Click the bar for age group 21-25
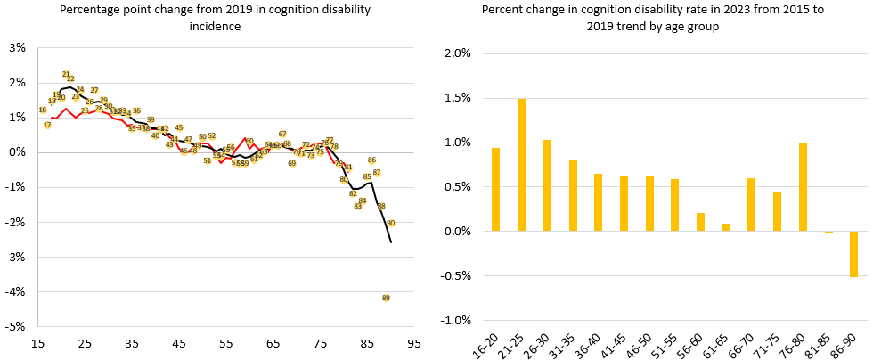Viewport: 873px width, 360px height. point(521,165)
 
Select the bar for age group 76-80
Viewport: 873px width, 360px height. point(803,187)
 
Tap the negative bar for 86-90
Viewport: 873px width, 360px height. point(853,254)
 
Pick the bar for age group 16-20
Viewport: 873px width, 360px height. point(495,190)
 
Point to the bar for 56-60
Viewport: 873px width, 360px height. point(700,222)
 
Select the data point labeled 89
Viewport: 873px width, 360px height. point(386,298)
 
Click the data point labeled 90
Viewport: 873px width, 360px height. point(390,223)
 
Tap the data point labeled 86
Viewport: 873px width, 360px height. point(371,160)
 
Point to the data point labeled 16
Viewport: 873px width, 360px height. point(43,110)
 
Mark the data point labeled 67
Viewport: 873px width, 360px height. point(282,134)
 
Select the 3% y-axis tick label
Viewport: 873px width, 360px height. point(16,47)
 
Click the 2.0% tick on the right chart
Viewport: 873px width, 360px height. point(457,53)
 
